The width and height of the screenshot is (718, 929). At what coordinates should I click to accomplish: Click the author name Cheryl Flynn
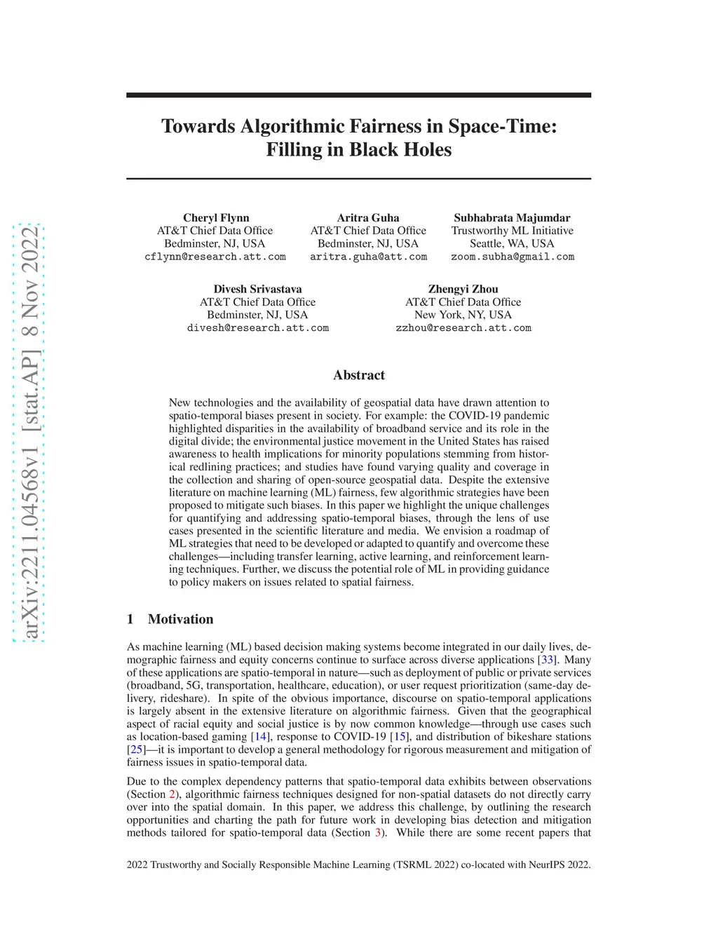(x=216, y=217)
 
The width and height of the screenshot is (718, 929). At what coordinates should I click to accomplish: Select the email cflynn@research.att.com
(x=215, y=257)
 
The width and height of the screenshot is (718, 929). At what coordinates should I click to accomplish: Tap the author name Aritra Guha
(x=368, y=217)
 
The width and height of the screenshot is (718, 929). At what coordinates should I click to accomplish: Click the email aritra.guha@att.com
(x=368, y=257)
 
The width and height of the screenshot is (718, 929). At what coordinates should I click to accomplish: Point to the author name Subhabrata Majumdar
(x=512, y=217)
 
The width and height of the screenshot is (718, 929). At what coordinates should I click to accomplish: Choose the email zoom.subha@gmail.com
(x=512, y=257)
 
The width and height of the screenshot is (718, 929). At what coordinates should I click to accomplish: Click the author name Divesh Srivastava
(x=257, y=289)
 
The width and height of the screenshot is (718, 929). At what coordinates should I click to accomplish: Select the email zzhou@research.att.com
(x=463, y=327)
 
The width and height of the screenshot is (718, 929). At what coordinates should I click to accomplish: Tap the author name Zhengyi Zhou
(x=463, y=289)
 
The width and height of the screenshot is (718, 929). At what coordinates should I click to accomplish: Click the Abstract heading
(x=359, y=375)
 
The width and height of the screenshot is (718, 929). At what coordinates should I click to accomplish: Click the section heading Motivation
(x=180, y=619)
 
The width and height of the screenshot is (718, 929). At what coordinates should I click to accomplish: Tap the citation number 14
(x=260, y=737)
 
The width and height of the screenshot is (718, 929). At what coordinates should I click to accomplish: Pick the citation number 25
(x=136, y=750)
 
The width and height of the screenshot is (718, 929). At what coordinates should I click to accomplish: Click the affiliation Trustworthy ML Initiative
(x=512, y=231)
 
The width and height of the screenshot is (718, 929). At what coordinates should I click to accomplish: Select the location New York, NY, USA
(x=463, y=315)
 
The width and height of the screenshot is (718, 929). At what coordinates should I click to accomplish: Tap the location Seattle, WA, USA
(x=512, y=243)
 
